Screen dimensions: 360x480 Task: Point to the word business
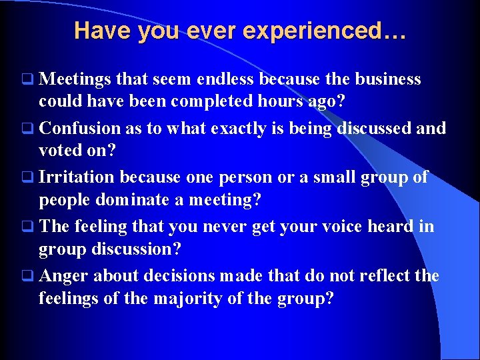click(x=387, y=79)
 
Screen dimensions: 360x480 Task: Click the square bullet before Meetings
click(x=26, y=80)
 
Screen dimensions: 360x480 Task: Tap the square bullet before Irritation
click(x=26, y=178)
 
